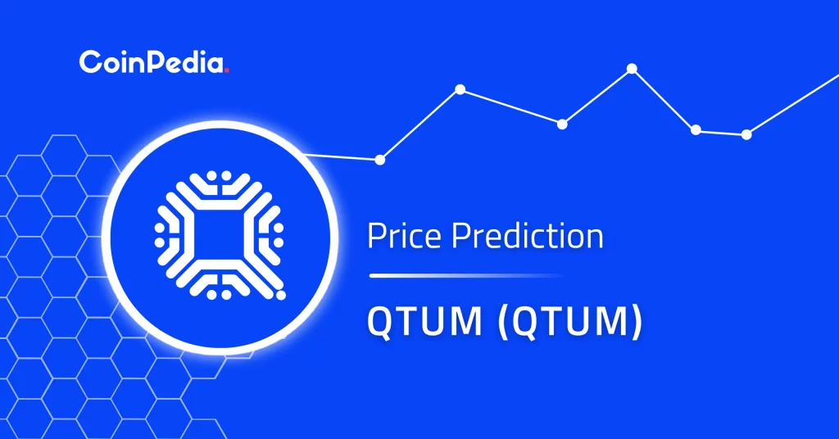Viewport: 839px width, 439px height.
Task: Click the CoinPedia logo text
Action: pos(151,62)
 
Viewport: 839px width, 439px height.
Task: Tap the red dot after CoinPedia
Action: pos(226,70)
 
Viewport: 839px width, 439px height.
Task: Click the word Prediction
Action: pos(528,237)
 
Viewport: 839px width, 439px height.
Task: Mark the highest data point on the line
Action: pos(632,68)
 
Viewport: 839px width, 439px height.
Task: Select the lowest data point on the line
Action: pos(379,160)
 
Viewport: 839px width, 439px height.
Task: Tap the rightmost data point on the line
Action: pos(746,134)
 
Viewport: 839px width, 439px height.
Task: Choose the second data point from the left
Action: pos(460,88)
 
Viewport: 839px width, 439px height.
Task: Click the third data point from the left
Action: pos(562,124)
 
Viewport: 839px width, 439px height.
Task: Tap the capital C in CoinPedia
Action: pos(88,62)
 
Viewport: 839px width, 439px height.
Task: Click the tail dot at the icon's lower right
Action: pos(281,292)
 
